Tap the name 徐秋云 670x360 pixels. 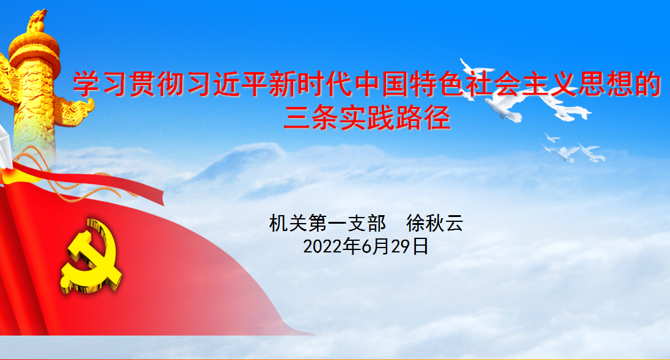coord(435,223)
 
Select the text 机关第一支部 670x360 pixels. coord(327,223)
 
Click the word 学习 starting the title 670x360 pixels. coord(100,85)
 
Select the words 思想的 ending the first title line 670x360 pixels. coord(620,85)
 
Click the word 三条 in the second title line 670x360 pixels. coord(311,118)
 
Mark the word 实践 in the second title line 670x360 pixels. coord(367,118)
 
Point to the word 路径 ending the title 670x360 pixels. coord(423,118)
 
